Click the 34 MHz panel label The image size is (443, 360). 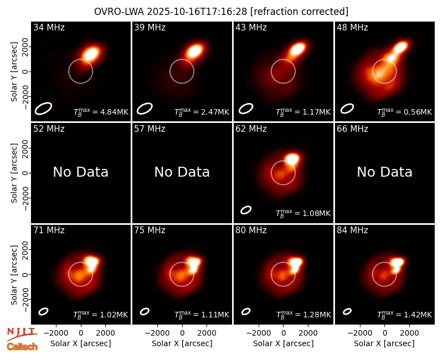coord(49,27)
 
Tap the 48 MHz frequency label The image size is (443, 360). coord(352,27)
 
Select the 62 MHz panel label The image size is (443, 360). coord(251,129)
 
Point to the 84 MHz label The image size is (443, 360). coord(352,230)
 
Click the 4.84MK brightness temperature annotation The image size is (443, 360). coord(101,112)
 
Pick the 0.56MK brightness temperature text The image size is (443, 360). coord(405,112)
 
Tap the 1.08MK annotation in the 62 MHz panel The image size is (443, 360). coord(303,213)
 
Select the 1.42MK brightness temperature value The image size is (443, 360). coord(405,315)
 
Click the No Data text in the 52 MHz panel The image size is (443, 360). coord(81,172)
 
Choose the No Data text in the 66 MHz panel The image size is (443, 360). coord(384,172)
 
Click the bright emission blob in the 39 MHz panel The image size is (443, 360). coord(194,52)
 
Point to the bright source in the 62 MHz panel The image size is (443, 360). coord(292,159)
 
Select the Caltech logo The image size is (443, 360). coord(22,347)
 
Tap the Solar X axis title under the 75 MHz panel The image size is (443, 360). coord(182,343)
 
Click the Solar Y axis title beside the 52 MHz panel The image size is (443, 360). coord(14,173)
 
